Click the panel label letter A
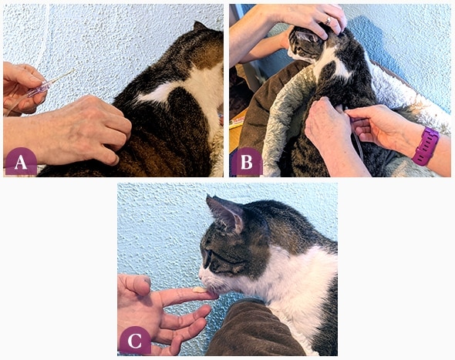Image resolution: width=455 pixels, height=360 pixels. (x=21, y=163)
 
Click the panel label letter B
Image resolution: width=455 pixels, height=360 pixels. (x=247, y=163)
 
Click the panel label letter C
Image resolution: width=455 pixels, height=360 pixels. (x=135, y=341)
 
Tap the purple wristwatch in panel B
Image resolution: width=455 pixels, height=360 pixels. (x=426, y=146)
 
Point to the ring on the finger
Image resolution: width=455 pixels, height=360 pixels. (x=328, y=20)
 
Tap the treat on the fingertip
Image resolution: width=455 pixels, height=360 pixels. (x=200, y=289)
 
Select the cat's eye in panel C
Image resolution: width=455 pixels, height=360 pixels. (x=207, y=258)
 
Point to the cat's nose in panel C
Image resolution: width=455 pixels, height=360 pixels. (x=201, y=274)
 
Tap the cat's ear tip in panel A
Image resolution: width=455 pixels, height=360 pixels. (x=197, y=23)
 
